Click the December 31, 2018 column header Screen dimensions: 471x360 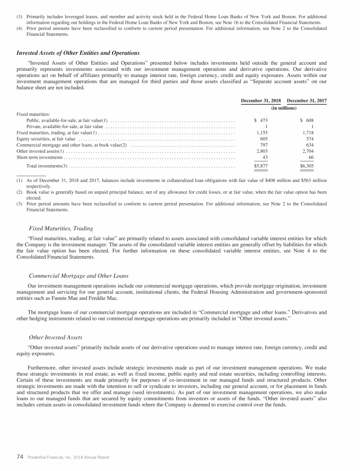click(x=261, y=101)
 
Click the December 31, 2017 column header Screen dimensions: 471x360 click(x=307, y=101)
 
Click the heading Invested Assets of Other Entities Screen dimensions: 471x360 click(x=78, y=53)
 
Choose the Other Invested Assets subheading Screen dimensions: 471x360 click(x=55, y=337)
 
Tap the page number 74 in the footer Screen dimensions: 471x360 click(x=20, y=456)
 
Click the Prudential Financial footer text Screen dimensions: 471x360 click(x=68, y=457)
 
